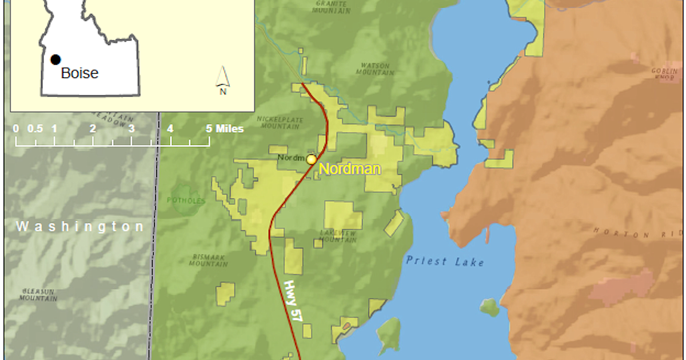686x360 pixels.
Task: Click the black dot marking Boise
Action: coord(55,59)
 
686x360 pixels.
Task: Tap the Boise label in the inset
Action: coord(79,73)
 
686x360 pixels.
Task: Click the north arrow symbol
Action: coord(223,80)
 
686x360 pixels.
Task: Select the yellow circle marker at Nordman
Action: coord(311,159)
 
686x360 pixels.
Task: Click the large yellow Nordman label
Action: coord(349,169)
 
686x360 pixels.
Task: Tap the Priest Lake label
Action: coord(445,262)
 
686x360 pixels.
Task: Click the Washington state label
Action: coord(80,227)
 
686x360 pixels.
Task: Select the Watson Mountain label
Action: coord(375,69)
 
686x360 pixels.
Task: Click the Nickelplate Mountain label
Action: coord(279,122)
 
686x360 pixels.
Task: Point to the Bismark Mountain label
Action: coord(209,261)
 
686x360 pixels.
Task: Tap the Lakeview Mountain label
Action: coord(338,236)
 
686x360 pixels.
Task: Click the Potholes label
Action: coord(186,201)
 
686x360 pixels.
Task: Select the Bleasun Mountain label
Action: coord(38,294)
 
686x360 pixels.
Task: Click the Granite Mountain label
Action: coord(332,6)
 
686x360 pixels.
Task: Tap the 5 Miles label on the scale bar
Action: coord(225,129)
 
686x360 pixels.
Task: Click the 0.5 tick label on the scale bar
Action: coord(35,129)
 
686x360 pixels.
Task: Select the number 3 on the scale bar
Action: coord(131,129)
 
